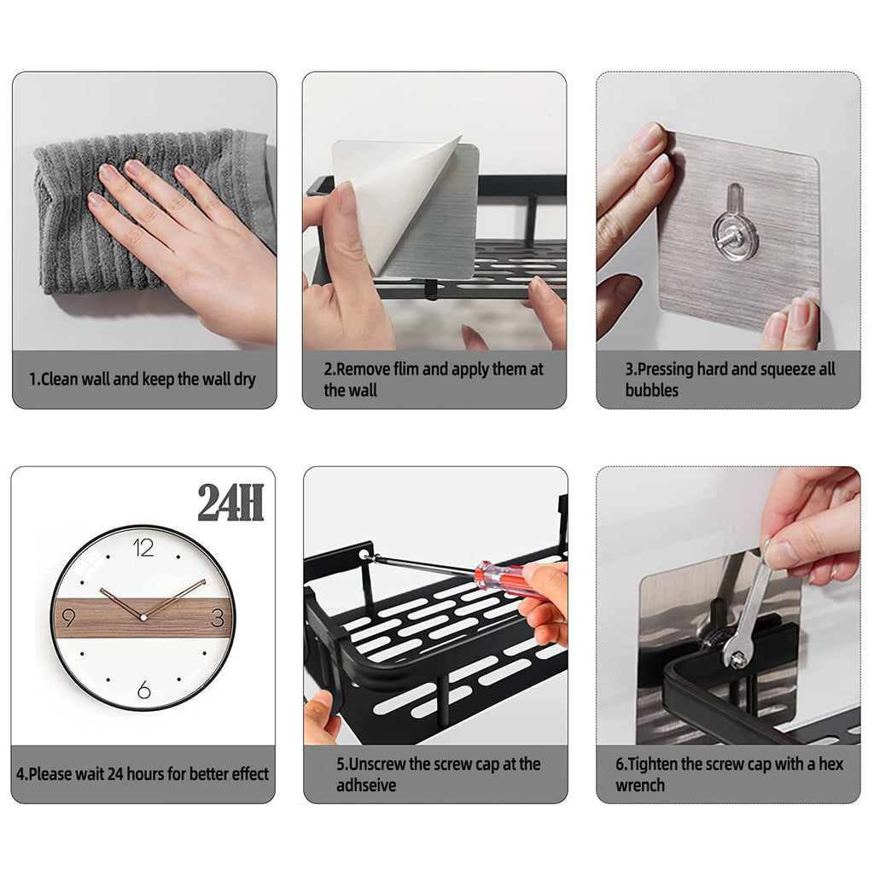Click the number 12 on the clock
tap(143, 548)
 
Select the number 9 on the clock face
tap(68, 617)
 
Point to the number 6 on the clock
tap(143, 689)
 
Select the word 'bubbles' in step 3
tap(651, 390)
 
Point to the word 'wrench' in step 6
tap(639, 785)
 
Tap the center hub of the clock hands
tap(143, 617)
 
